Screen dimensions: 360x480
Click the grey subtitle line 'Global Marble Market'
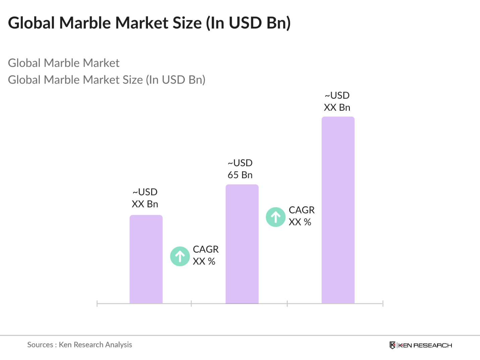(64, 63)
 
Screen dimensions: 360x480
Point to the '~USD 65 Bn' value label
(240, 169)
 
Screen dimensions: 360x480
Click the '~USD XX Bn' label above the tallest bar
(337, 101)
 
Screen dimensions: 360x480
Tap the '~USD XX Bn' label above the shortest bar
(145, 198)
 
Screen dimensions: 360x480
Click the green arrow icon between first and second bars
(180, 256)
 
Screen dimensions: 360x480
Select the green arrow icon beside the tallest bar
(276, 217)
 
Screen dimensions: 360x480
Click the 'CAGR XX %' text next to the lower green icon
(205, 255)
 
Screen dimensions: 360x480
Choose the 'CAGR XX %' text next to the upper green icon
(301, 216)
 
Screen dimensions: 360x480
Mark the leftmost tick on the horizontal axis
(97, 304)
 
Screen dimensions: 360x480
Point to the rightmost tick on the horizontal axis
(382, 304)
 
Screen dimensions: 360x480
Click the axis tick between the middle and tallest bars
(287, 304)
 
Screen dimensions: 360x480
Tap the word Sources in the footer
(40, 345)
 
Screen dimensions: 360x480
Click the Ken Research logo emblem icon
(392, 345)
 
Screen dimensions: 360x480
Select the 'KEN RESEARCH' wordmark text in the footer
(425, 345)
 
